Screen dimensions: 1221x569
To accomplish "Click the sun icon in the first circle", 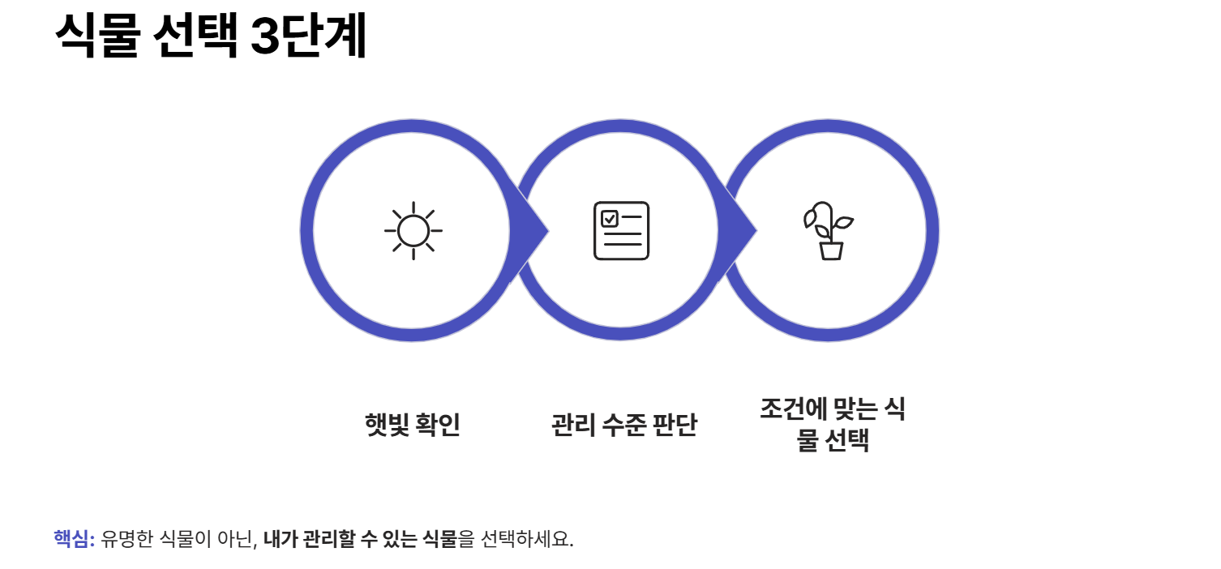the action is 413,231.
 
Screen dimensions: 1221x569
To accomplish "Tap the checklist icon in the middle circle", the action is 621,231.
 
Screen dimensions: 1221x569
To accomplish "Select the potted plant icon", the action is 829,231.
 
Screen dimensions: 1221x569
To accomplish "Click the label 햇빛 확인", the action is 413,425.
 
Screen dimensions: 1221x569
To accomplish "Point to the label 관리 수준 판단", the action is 623,425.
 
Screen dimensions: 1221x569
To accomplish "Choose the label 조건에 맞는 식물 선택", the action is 832,425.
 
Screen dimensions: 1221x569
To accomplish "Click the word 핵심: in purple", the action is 75,539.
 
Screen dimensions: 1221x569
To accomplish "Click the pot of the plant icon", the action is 831,250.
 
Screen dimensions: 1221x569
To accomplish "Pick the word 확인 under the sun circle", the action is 438,425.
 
